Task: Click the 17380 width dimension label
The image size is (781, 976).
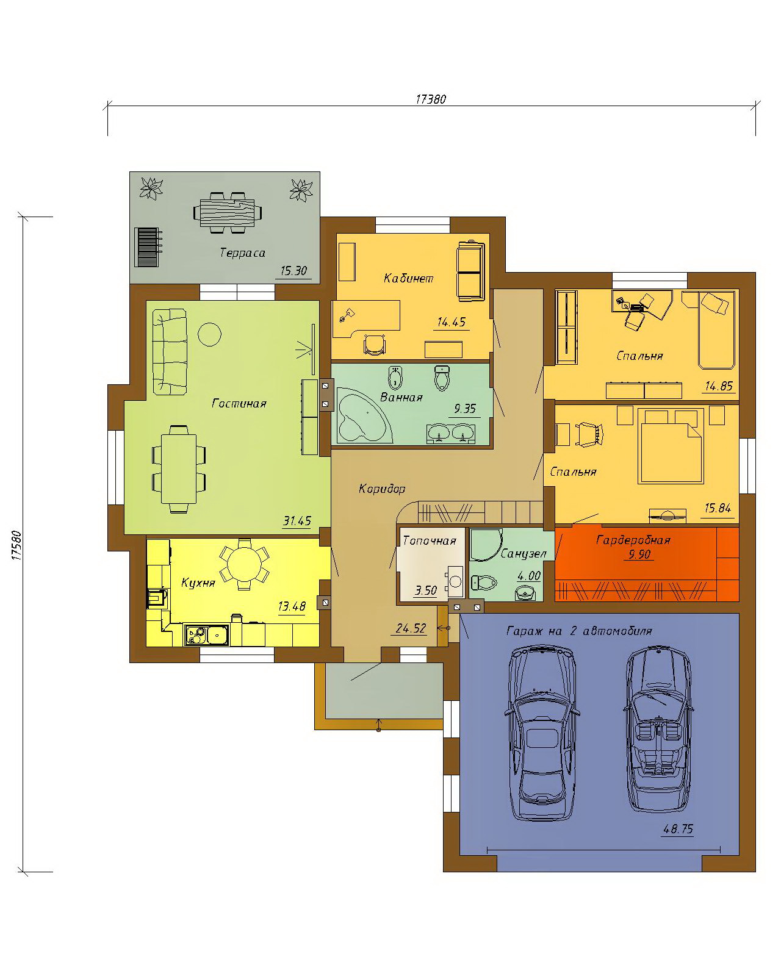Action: click(431, 99)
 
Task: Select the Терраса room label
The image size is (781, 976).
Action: click(242, 253)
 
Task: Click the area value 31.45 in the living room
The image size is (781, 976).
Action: click(297, 521)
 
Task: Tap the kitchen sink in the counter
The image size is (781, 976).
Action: click(206, 634)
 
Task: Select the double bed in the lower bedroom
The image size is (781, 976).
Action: click(671, 445)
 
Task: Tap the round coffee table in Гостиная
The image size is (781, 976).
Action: click(210, 334)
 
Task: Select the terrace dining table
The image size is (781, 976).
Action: click(228, 213)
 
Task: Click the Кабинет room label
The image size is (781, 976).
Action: click(408, 278)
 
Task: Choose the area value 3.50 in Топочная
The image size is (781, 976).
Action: click(426, 590)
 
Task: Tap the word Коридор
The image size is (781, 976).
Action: click(381, 489)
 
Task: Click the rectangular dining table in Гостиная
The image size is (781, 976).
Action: click(179, 469)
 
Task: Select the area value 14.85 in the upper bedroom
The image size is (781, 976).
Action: click(719, 386)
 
